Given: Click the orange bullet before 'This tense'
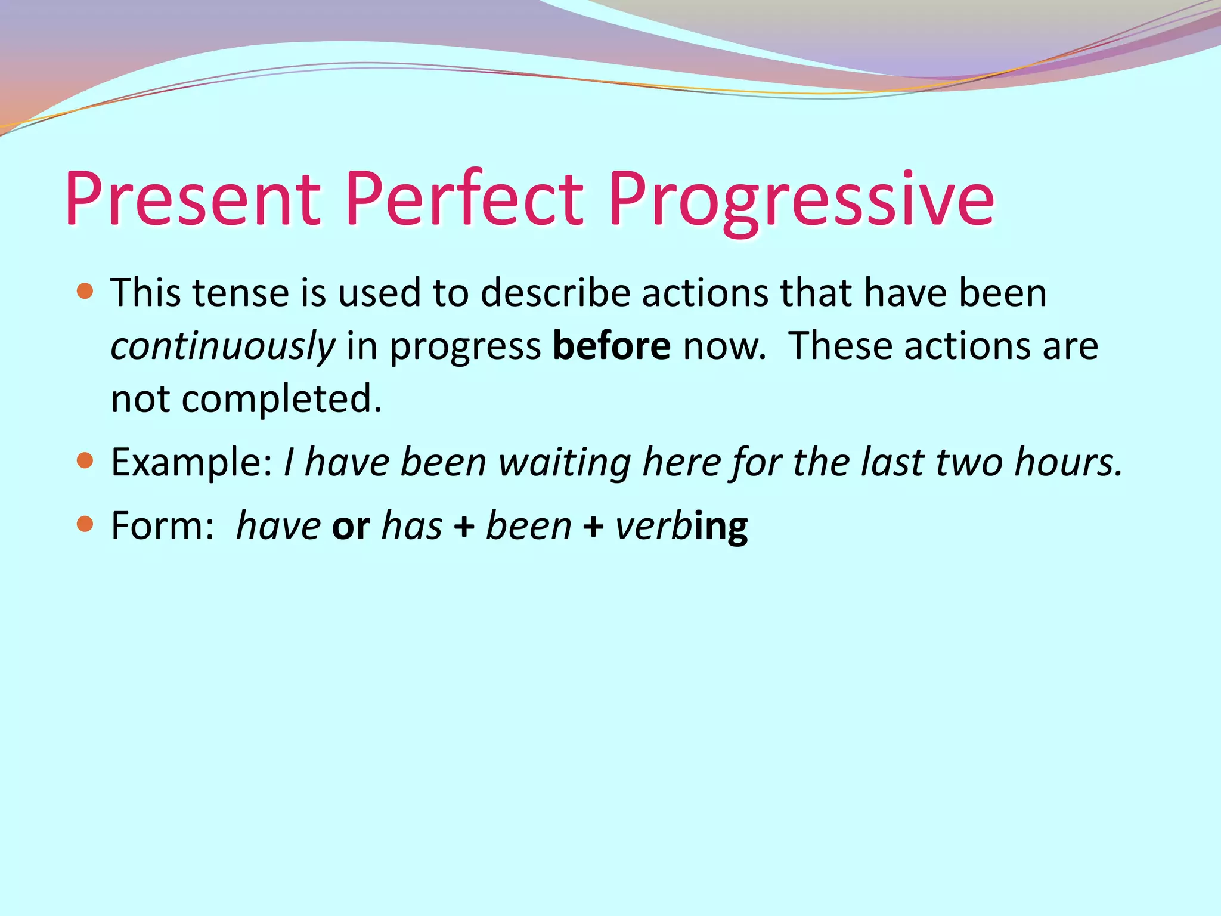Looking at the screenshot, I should click(86, 291).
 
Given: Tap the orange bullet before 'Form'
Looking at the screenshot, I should click(86, 524).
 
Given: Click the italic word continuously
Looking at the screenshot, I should click(223, 346).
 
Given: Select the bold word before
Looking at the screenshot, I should click(612, 346).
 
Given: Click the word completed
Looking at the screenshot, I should click(281, 399).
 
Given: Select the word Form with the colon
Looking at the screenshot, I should click(163, 526).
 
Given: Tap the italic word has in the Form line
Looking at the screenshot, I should click(412, 526).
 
